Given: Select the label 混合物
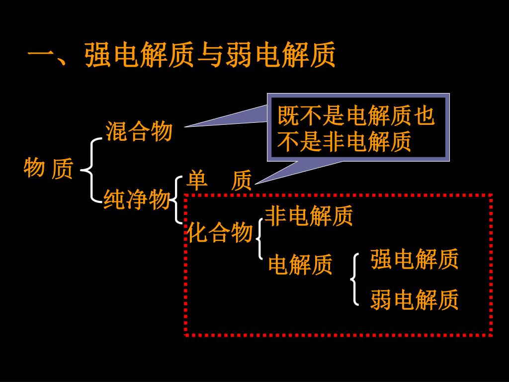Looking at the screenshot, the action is pyautogui.click(x=139, y=132).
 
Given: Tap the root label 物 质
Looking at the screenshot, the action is pyautogui.click(x=48, y=168).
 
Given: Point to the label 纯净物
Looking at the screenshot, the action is pyautogui.click(x=137, y=200).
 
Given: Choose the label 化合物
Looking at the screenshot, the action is pyautogui.click(x=220, y=232).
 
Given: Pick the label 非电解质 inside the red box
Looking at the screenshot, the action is pyautogui.click(x=308, y=216).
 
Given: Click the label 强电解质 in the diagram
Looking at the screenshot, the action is pyautogui.click(x=414, y=260).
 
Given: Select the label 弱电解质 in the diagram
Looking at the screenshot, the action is pyautogui.click(x=414, y=300).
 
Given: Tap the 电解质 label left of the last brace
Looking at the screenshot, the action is pyautogui.click(x=300, y=265).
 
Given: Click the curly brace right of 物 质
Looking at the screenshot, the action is pyautogui.click(x=90, y=170).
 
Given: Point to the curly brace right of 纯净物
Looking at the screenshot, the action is pyautogui.click(x=177, y=200).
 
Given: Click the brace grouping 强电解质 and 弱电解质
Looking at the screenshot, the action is pyautogui.click(x=354, y=280).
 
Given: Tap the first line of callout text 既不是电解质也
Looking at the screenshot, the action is pyautogui.click(x=356, y=117).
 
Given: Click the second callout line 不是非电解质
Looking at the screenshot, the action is pyautogui.click(x=344, y=142).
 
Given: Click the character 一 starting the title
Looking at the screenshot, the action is pyautogui.click(x=41, y=55).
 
